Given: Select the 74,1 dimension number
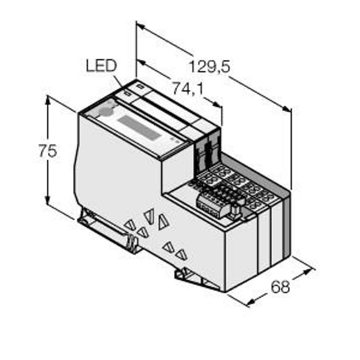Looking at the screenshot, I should pos(187,89).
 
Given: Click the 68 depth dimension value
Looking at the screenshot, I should pos(280,287).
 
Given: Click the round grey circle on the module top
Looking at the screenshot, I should pos(105,111).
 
